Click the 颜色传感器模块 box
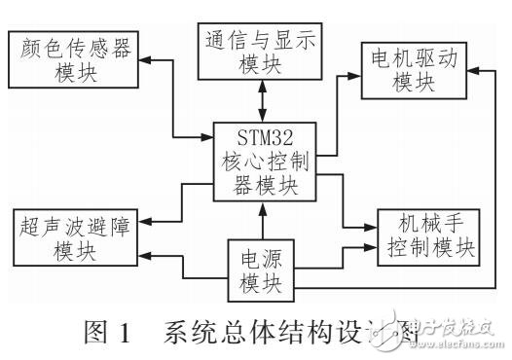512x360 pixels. point(76,59)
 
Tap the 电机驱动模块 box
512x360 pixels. point(421,70)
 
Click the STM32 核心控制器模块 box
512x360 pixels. point(264,161)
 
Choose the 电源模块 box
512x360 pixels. point(260,268)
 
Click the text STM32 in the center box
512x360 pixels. point(264,133)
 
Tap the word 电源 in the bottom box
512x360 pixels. point(260,257)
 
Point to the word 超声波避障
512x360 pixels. point(77,225)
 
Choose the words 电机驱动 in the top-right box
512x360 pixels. point(421,58)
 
